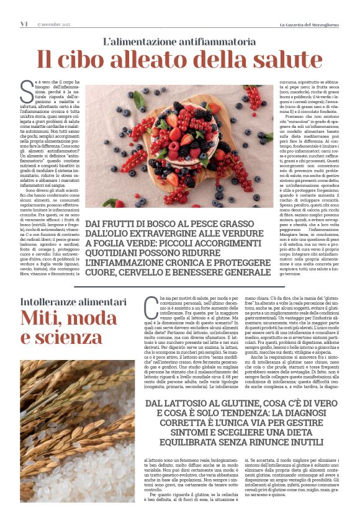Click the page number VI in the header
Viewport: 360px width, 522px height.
coord(24,24)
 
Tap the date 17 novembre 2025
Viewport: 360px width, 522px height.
coord(54,24)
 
